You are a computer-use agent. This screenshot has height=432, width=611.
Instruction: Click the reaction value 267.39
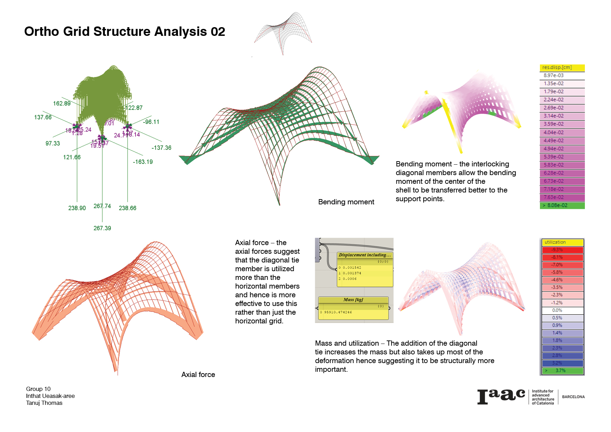102,228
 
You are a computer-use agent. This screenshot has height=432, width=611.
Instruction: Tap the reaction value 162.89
62,103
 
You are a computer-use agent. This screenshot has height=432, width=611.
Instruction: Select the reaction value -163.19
142,162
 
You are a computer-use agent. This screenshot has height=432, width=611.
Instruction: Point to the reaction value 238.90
77,208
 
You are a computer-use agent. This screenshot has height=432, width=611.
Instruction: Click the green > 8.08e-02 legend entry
562,205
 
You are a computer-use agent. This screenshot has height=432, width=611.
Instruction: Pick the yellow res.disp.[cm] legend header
562,68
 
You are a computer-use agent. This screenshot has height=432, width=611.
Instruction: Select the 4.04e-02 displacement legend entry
562,132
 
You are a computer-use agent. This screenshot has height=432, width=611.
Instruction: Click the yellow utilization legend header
562,242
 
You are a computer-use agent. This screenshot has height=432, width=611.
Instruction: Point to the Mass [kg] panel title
353,300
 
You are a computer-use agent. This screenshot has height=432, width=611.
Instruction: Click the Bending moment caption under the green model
346,202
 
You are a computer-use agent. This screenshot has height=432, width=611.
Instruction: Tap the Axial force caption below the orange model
198,375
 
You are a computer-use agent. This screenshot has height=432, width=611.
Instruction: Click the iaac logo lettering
501,396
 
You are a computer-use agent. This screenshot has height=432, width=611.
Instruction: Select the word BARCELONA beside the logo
573,397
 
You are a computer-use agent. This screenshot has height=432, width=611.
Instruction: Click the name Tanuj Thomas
44,403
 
